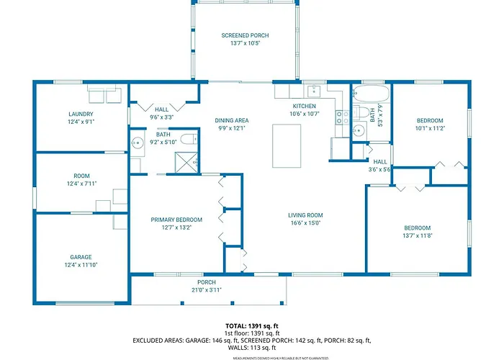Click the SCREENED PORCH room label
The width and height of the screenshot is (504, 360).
(245, 35)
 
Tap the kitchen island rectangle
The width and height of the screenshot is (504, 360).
(287, 146)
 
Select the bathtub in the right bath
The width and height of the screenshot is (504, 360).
(371, 94)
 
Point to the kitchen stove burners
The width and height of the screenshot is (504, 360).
(342, 117)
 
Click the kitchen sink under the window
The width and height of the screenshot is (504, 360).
(314, 91)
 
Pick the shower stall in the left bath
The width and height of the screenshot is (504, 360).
(186, 163)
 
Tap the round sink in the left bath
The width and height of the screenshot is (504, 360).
(138, 143)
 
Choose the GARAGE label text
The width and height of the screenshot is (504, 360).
(81, 257)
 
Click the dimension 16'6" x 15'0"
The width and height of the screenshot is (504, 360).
(305, 223)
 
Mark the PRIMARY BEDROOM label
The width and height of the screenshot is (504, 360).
(176, 220)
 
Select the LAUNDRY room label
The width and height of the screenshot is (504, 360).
(81, 114)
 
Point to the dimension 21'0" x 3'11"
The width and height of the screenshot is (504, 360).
(207, 290)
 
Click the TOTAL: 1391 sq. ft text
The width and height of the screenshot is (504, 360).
(252, 326)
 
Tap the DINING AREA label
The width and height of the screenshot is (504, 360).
(232, 120)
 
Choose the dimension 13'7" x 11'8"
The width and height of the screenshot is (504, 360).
(418, 235)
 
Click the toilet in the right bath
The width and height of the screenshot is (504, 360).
(361, 112)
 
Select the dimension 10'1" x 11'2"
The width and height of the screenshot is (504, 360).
(430, 128)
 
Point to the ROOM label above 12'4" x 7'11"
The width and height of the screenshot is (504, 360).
(81, 176)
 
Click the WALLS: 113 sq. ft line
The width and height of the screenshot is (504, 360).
(252, 348)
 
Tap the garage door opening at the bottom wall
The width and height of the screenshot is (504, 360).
(85, 303)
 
